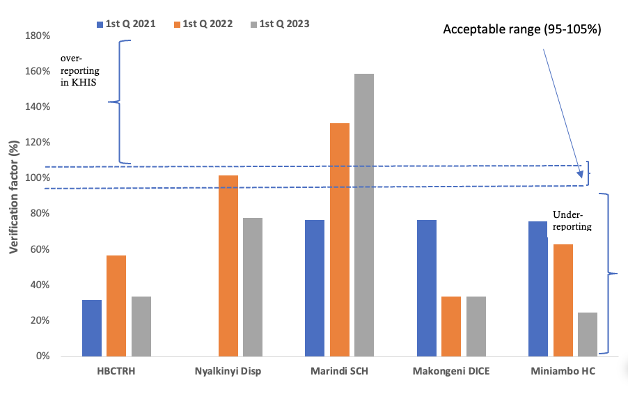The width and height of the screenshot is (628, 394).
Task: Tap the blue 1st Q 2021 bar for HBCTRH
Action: point(92,328)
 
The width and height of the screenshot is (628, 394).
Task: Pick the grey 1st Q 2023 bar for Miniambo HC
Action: point(588,334)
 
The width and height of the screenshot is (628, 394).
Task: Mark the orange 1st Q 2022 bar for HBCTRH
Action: point(116,306)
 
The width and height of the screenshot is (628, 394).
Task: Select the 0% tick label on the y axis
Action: point(42,356)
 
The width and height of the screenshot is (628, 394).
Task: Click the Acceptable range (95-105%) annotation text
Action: point(522,30)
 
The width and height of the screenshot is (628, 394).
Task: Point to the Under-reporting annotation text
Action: point(572,221)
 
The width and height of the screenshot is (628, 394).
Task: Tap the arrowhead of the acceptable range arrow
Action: point(581,180)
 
